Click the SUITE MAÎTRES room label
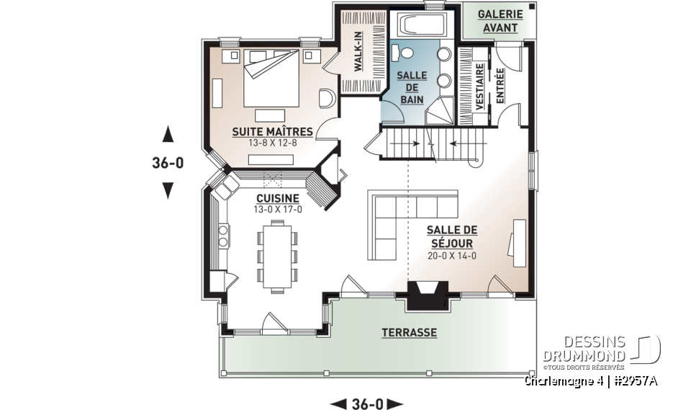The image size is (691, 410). [271, 132]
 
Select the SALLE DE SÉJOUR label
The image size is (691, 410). [451, 236]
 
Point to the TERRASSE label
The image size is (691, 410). [409, 332]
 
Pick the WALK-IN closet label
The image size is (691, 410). [357, 51]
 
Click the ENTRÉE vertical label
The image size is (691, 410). [500, 86]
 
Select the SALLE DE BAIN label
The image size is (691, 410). [412, 87]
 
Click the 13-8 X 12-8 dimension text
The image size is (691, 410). [271, 143]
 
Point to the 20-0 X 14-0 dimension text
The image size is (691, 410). [451, 256]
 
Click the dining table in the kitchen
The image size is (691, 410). [276, 256]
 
